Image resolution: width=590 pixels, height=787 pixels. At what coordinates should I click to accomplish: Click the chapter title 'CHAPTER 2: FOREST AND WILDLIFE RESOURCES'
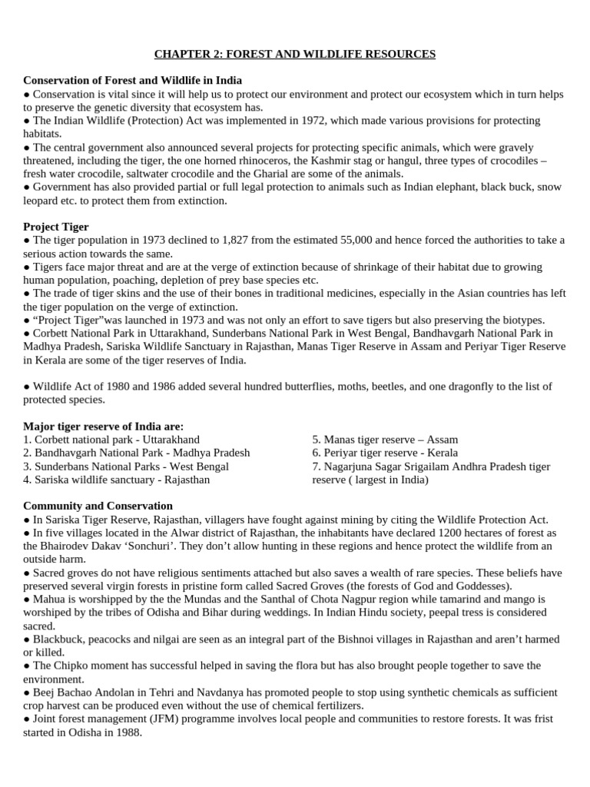coord(295,54)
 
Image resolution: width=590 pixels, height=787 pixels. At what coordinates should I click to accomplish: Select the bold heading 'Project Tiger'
coord(56,227)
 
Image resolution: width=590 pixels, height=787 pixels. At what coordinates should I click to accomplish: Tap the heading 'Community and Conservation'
coord(98,506)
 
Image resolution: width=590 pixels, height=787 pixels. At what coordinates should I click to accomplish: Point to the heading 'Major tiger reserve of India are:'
coord(104,427)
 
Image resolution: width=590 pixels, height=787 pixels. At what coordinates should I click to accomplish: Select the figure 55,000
coord(360,241)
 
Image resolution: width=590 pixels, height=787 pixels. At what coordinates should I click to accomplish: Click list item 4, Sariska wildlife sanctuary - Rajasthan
coord(117,480)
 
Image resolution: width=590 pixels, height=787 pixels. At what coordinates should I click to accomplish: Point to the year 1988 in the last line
coord(130,732)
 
